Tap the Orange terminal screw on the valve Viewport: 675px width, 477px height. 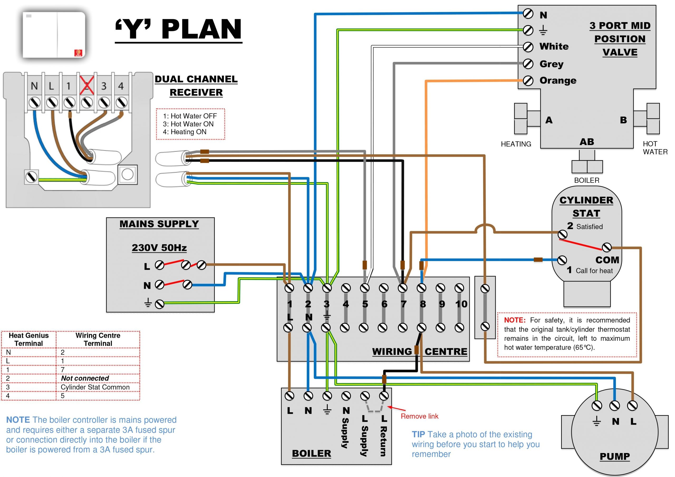[x=528, y=81]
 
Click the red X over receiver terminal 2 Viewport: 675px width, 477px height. [x=87, y=86]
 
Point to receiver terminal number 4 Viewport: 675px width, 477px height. [x=121, y=86]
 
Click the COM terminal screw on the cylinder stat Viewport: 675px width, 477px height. [x=606, y=248]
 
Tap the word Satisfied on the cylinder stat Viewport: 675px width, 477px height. [x=589, y=227]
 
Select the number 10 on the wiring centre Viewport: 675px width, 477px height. [x=461, y=304]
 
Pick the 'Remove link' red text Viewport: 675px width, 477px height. [x=420, y=416]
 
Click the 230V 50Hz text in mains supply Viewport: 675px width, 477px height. [x=159, y=248]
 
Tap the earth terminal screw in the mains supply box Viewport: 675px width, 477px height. [x=160, y=304]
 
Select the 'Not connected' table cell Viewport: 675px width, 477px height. [x=85, y=378]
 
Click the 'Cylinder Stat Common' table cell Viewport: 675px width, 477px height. [x=95, y=387]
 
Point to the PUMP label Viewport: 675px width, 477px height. [x=614, y=456]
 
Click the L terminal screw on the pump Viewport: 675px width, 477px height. [x=632, y=406]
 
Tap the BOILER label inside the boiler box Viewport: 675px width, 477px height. [x=311, y=453]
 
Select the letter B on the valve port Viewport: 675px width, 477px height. [x=623, y=120]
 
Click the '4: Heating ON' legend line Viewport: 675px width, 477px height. [x=185, y=132]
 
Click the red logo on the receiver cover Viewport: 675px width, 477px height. [x=78, y=53]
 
